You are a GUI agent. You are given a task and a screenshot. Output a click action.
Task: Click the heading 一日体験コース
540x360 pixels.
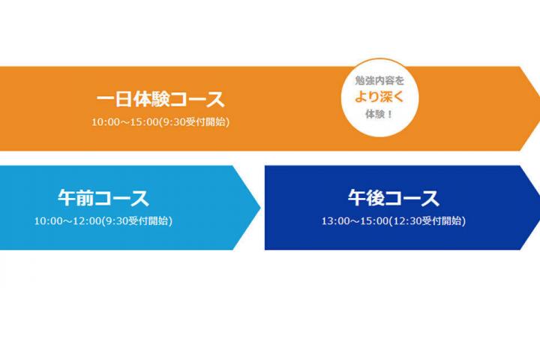[x=160, y=100]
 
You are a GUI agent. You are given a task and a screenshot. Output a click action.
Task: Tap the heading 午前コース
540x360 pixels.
[x=103, y=199]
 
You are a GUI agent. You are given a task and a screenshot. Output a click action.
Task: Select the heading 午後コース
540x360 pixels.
[x=393, y=199]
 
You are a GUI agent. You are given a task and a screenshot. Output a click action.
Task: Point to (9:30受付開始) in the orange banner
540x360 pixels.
[x=192, y=121]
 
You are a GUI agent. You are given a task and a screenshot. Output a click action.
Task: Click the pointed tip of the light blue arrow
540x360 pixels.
[x=259, y=203]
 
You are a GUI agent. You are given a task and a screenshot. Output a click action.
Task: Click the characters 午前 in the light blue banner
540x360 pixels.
[x=73, y=199]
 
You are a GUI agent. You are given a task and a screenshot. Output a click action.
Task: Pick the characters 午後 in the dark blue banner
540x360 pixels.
[x=363, y=199]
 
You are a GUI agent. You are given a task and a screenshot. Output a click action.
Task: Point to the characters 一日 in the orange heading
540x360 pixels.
[x=112, y=100]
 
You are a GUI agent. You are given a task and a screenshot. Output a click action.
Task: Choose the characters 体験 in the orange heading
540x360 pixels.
[x=157, y=100]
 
